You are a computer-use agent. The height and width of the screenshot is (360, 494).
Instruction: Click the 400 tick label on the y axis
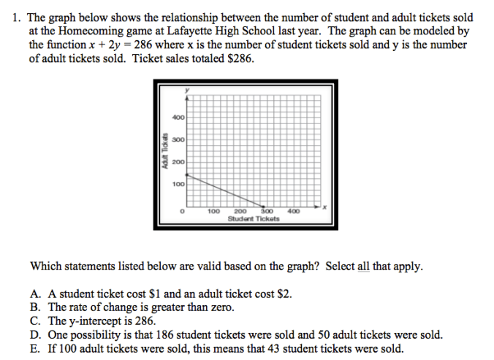pyautogui.click(x=178, y=118)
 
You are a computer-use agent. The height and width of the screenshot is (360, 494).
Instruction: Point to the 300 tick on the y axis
pyautogui.click(x=178, y=139)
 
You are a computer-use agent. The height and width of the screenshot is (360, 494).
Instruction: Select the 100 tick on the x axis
pyautogui.click(x=214, y=211)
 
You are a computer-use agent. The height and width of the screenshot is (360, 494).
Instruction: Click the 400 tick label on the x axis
pyautogui.click(x=294, y=211)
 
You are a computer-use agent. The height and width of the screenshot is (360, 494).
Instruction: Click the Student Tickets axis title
pyautogui.click(x=254, y=219)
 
